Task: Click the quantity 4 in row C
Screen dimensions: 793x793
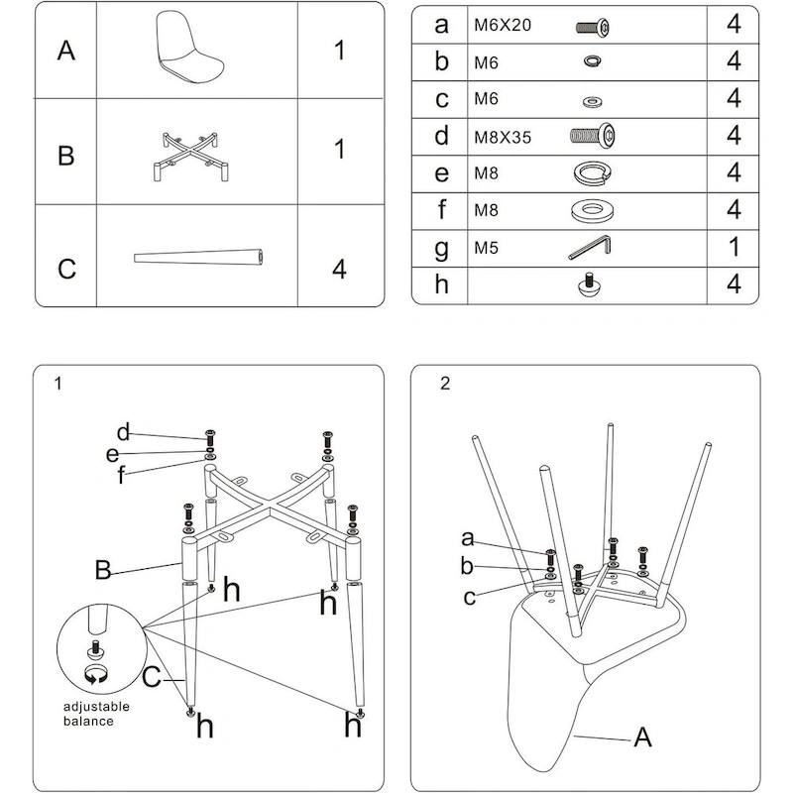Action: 339,269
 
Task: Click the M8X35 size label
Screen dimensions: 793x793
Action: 503,137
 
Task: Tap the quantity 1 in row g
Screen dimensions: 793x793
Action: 734,247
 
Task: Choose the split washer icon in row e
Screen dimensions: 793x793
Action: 593,172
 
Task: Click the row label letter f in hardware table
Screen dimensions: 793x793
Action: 442,210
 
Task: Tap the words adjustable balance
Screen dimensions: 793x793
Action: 98,714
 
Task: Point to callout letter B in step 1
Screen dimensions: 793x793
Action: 102,570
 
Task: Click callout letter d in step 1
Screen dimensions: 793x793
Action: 124,432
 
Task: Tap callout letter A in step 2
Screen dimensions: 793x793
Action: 641,736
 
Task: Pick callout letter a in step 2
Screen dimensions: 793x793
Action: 467,538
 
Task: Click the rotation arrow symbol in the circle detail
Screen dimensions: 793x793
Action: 96,677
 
